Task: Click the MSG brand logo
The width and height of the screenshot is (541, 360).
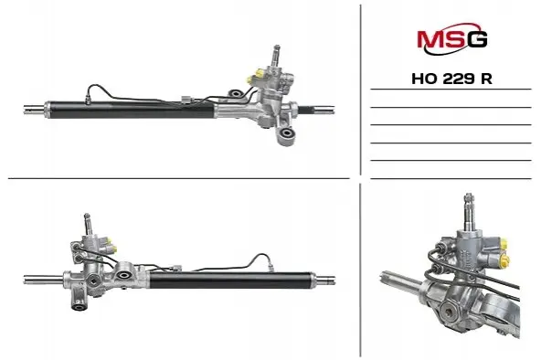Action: pos(452,39)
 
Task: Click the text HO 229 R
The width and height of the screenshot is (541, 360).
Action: pos(451,79)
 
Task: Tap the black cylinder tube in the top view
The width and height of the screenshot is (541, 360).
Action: pos(131,110)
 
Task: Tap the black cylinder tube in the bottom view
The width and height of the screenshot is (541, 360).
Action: pos(231,280)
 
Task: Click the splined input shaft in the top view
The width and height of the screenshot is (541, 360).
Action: pos(276,55)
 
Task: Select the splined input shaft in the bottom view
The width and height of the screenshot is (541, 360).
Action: pos(88,223)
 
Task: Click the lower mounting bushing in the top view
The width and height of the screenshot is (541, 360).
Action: pos(286,133)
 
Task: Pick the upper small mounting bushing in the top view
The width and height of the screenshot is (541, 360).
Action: pos(236,93)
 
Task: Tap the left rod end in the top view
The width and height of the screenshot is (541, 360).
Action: pos(34,109)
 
